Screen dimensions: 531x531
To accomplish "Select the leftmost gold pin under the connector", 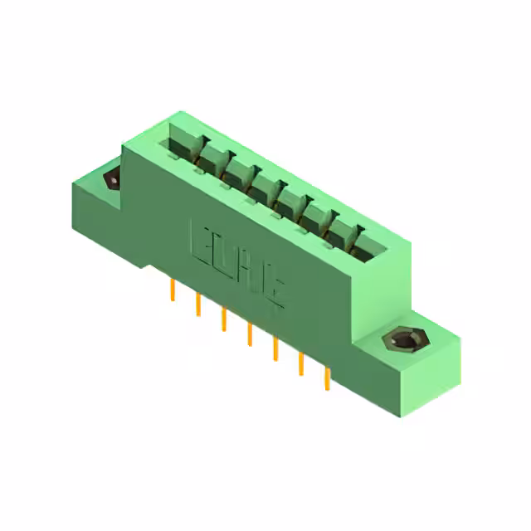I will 173,290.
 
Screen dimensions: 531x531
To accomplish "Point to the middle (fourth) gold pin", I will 249,334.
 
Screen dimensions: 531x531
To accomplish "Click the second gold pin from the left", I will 198,304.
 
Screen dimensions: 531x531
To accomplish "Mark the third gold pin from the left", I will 223,319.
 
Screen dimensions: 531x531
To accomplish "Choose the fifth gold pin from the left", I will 275,349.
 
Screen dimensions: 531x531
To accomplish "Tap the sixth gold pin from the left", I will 300,364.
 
